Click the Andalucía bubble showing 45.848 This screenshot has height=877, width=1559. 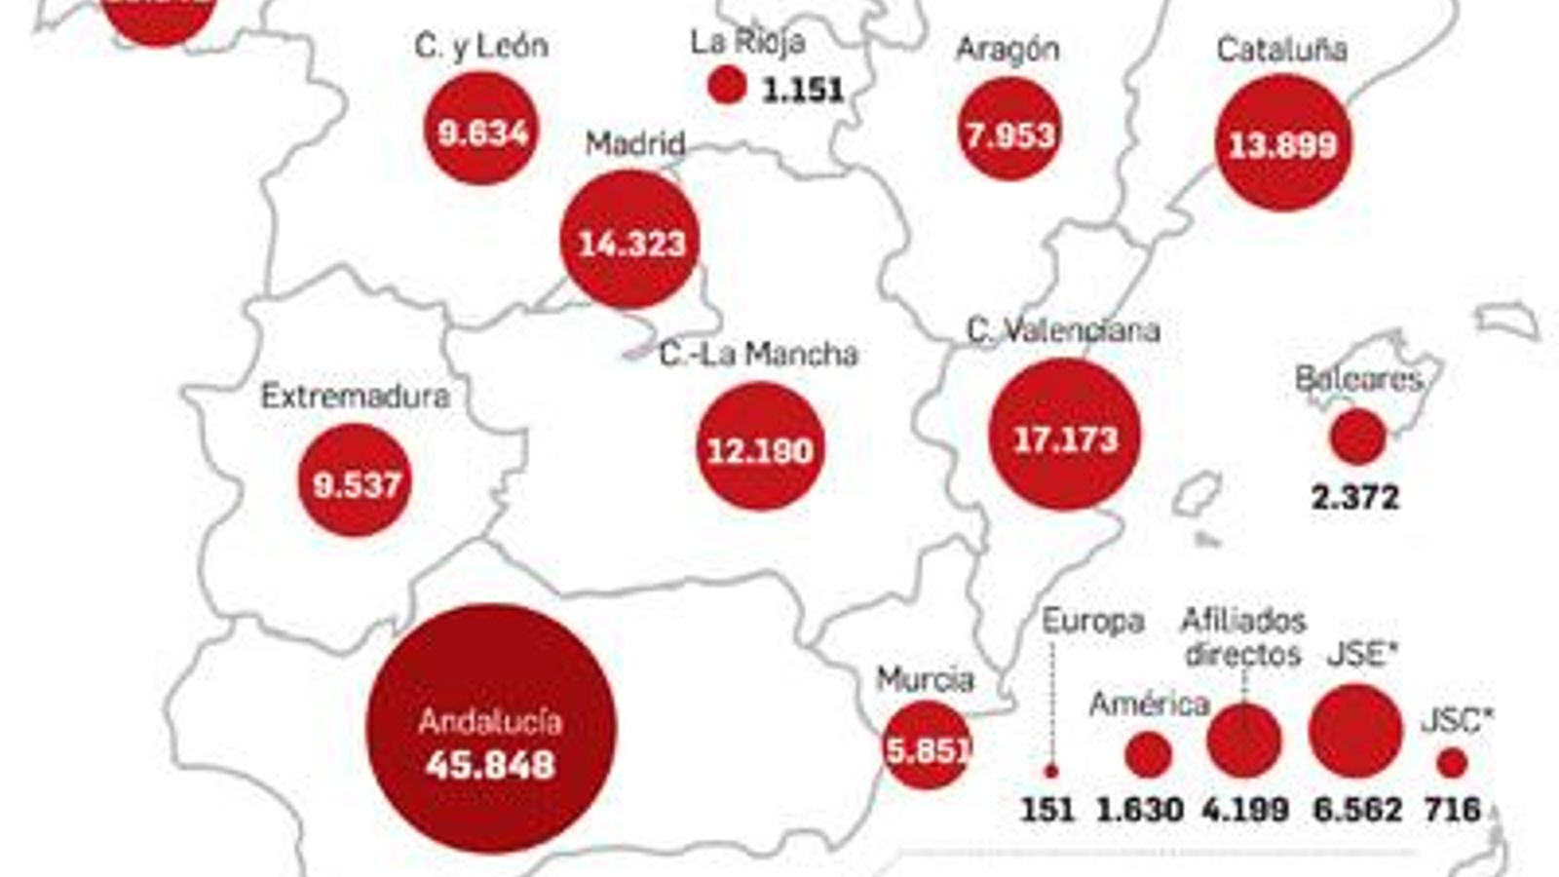491,729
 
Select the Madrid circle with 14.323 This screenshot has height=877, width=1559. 630,240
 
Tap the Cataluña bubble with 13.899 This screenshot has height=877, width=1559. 1282,143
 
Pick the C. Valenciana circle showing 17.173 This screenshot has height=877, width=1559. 1064,435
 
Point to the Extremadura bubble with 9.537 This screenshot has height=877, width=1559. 356,480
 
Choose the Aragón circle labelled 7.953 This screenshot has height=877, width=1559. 1009,131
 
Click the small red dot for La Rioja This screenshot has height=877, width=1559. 726,86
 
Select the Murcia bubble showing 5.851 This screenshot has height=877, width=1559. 926,746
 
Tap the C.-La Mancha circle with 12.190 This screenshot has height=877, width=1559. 760,446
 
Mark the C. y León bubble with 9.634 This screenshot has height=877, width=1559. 482,129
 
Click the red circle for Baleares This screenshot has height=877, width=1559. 1357,436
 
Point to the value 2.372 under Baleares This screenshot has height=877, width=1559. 1354,498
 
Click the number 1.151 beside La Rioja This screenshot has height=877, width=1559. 803,91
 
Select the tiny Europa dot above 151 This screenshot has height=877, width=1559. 1050,771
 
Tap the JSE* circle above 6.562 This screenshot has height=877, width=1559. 1354,731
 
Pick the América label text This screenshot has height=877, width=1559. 1150,704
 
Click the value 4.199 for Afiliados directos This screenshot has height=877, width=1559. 1245,809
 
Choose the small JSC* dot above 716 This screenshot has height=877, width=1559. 1452,763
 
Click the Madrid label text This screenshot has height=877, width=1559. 635,144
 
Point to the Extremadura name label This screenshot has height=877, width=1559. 356,397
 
